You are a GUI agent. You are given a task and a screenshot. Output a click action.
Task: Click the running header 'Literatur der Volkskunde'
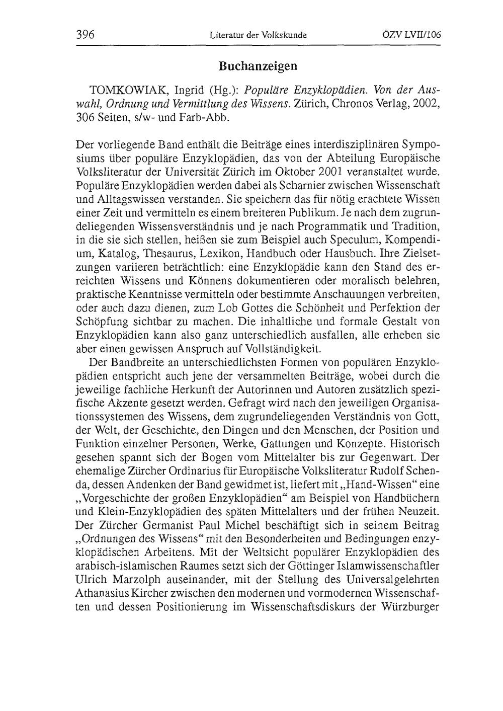click(258, 35)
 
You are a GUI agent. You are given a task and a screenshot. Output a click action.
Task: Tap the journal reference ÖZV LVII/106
click(411, 35)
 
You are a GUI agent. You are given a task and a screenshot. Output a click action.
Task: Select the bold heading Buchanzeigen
click(258, 65)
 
